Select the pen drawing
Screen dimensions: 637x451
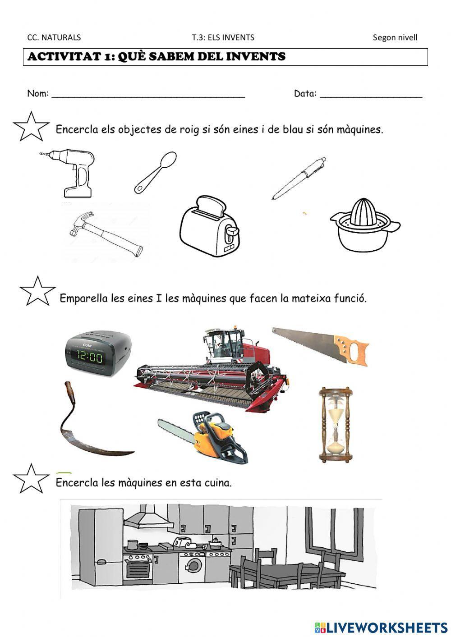point(299,178)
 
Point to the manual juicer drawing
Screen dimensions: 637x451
point(364,224)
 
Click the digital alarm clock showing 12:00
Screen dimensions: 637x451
point(97,353)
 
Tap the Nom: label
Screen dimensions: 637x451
point(38,93)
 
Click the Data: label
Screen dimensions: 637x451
point(305,93)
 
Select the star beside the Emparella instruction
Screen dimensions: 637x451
point(37,291)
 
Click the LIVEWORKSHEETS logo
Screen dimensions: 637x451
point(381,627)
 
